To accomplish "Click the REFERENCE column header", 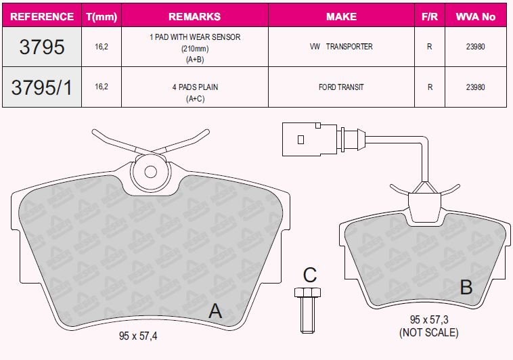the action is (x=42, y=17).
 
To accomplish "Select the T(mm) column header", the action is (x=102, y=17).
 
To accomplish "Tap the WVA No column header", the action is (x=475, y=17).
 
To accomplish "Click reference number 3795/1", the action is (x=41, y=87).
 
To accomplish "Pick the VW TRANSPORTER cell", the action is (x=341, y=47).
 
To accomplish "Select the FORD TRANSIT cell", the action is (x=341, y=87).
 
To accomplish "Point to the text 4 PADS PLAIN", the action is (x=195, y=87).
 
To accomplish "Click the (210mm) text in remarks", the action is (x=195, y=49).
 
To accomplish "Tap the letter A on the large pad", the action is (x=215, y=311).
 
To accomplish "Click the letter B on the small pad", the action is (x=466, y=287).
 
